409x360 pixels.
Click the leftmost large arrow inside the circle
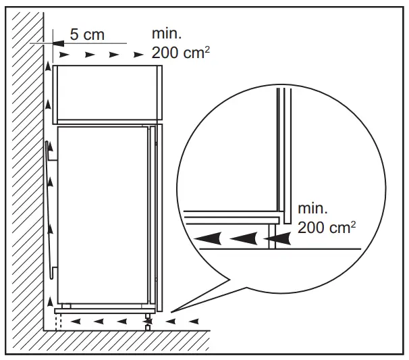209,238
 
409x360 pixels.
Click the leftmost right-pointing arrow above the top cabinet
63,53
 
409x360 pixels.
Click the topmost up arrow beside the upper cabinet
48,68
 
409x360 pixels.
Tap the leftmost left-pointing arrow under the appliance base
76,319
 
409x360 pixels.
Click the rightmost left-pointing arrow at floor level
196,319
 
